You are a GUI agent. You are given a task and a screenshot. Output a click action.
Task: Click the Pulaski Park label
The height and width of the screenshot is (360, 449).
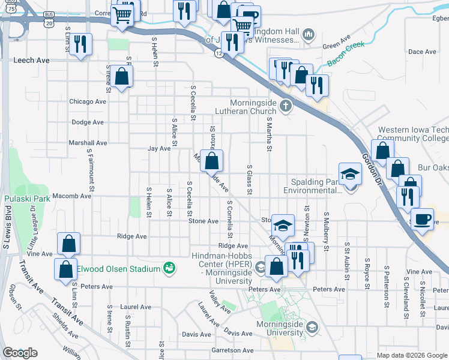(22, 199)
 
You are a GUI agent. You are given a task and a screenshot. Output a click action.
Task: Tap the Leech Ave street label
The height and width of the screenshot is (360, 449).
(31, 61)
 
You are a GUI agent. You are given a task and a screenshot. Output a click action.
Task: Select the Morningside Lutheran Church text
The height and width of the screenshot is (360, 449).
(254, 107)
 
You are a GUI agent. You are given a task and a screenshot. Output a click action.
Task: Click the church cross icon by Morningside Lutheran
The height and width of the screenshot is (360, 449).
(286, 107)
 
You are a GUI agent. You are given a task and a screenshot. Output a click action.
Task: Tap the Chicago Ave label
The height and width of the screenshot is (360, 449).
(88, 102)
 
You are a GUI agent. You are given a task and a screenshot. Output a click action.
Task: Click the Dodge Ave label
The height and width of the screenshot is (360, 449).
(88, 122)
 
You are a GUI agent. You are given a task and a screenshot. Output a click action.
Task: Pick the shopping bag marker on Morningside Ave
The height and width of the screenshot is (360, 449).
(211, 161)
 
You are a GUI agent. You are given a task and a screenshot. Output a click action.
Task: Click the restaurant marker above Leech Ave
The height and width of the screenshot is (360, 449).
(80, 44)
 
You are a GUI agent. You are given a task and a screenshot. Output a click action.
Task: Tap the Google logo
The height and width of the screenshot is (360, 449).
(20, 353)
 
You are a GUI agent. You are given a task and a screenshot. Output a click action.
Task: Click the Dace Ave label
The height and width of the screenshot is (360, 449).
(422, 52)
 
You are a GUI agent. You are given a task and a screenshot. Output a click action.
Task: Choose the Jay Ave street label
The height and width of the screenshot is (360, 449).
(159, 148)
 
